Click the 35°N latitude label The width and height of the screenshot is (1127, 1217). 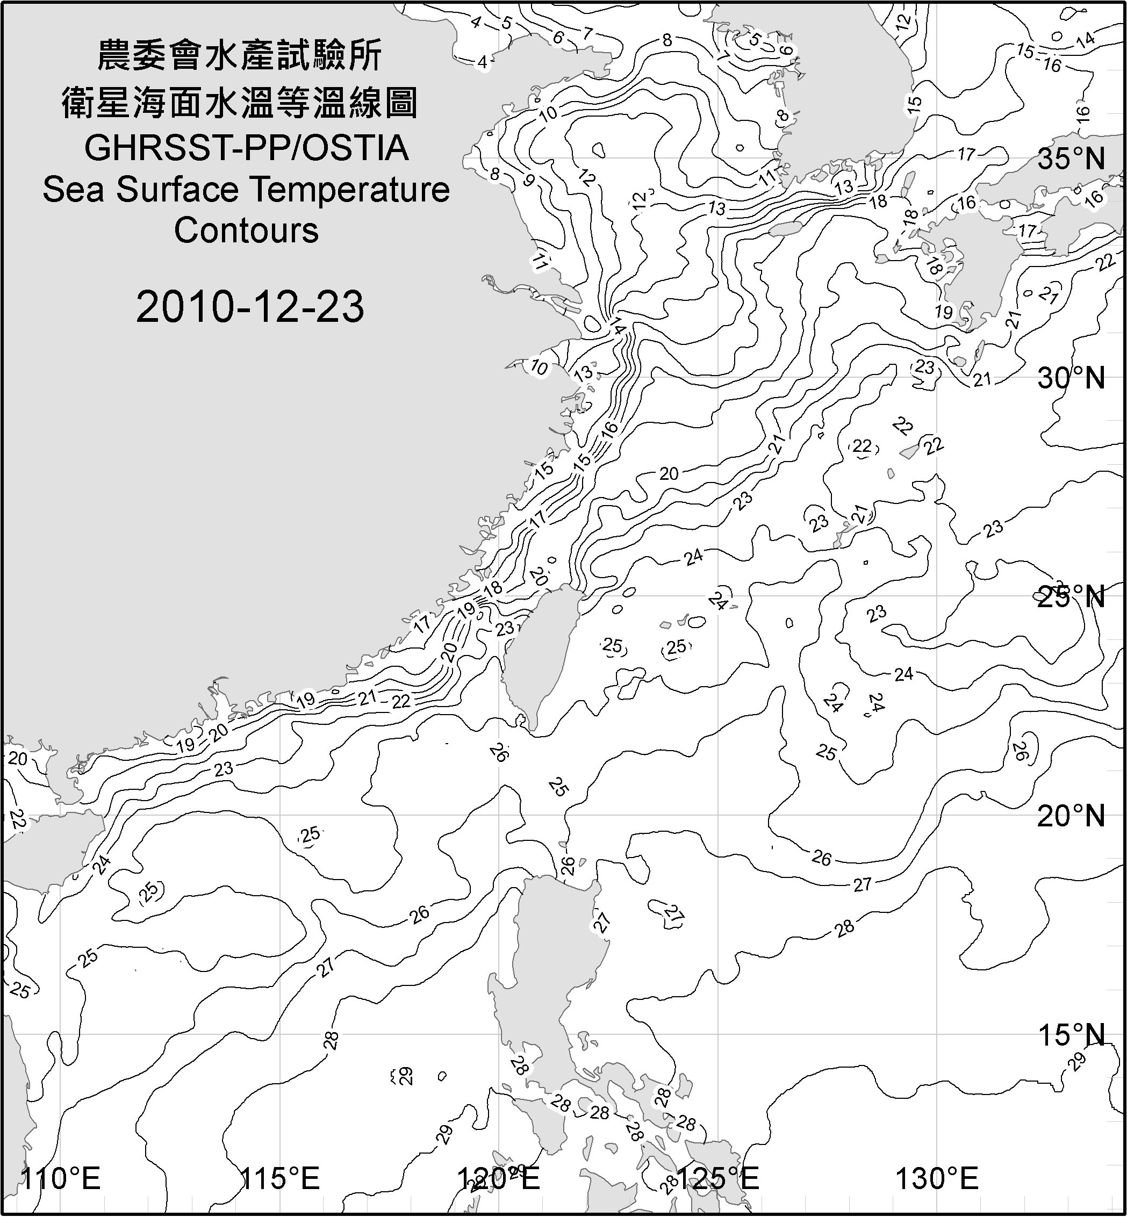1071,159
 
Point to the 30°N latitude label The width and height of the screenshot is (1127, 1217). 1071,379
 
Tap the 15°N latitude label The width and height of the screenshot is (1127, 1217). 1071,1035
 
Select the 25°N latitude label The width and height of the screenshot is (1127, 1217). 1071,597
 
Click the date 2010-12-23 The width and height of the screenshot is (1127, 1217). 250,307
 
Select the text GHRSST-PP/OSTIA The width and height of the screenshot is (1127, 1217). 246,148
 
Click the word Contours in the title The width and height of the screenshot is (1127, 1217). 246,231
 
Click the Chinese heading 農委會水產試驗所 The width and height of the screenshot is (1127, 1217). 240,55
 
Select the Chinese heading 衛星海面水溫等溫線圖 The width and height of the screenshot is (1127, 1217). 240,103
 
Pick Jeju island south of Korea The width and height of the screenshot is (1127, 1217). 784,229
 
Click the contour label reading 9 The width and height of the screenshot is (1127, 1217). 529,181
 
